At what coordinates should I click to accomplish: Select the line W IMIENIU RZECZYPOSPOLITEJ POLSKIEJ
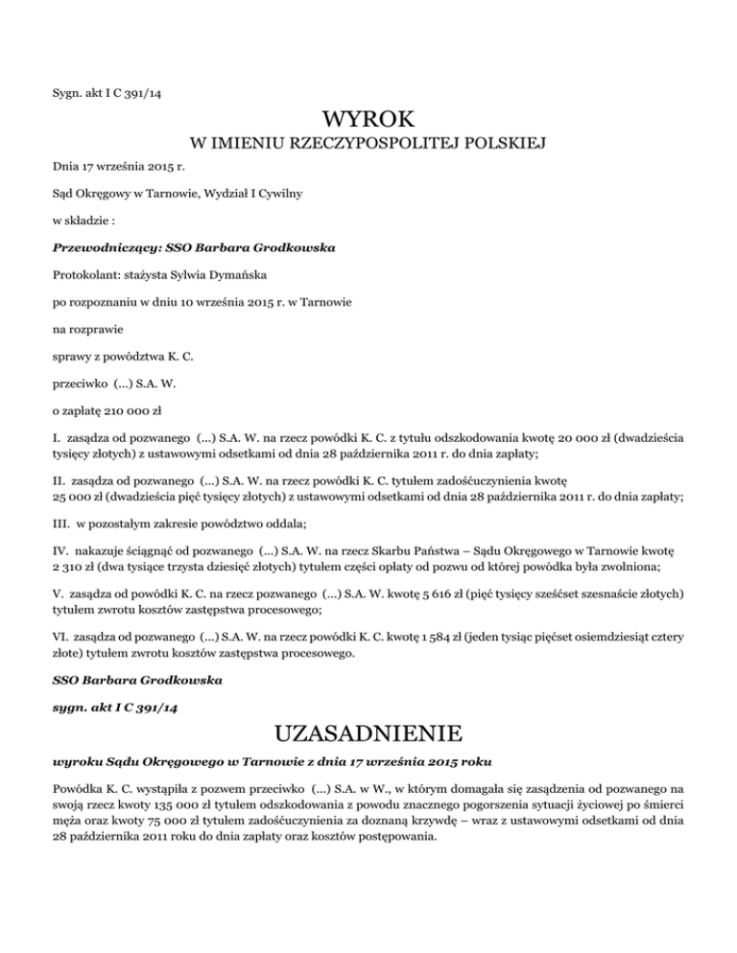(x=368, y=145)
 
